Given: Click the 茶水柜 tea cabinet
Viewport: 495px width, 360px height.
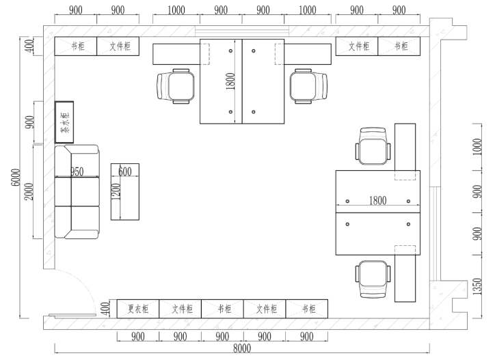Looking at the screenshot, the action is pos(64,122).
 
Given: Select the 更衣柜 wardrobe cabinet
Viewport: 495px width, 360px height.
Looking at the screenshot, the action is pos(138,309).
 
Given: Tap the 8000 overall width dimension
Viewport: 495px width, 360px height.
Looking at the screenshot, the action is pos(242,348).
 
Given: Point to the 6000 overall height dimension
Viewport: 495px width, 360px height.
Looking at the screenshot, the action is pos(16,178).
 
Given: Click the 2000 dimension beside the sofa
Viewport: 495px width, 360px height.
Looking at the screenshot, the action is pos(29,191).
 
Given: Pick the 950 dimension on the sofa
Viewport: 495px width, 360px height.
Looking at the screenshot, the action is pos(77,171).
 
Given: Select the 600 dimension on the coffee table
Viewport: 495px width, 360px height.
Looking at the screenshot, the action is pos(125,171).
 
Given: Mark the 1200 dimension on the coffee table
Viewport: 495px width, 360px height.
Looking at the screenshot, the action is pos(116,191).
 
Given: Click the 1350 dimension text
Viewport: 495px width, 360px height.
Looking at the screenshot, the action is pos(477,287).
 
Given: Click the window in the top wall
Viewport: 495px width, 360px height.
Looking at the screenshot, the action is pos(242,31).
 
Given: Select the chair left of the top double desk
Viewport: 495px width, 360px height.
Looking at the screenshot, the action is pos(176,86).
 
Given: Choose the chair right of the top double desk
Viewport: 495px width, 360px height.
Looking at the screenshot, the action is pos(309,86).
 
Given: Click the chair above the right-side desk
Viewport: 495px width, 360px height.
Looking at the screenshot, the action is pos(373,146).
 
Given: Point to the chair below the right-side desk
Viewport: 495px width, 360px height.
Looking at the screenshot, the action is pos(373,279).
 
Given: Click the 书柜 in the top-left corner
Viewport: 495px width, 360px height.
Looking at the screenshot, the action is pos(76,46).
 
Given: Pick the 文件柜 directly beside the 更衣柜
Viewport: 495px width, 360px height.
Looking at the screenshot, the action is pos(180,309).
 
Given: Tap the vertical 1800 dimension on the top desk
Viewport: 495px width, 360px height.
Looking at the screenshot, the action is pos(231,81).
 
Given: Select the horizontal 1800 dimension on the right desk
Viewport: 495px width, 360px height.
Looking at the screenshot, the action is pos(378,200).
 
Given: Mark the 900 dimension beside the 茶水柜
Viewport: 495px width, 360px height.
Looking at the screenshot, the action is pos(29,122).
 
